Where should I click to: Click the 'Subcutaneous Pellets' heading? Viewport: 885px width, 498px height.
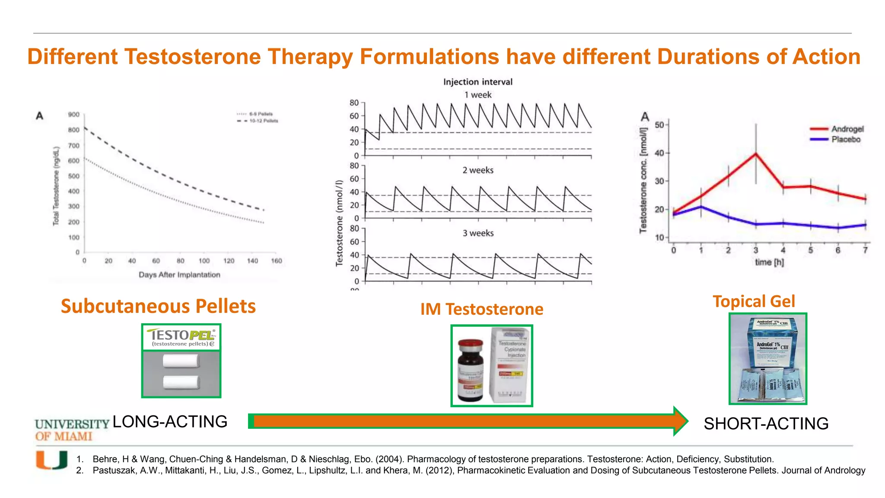158,306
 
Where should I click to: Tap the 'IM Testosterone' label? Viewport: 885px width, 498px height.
482,309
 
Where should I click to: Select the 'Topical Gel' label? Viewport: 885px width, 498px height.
754,301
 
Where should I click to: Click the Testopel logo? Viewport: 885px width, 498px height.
181,337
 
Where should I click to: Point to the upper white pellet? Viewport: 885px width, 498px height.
181,361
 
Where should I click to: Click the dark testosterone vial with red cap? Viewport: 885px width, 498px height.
471,370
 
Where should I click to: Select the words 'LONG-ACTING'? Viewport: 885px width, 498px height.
170,421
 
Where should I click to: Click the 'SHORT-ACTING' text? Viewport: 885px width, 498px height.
766,424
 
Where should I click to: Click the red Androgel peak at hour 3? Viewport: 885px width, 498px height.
756,153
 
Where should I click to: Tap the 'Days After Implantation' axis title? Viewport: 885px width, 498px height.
179,275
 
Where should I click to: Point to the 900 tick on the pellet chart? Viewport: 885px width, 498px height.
74,115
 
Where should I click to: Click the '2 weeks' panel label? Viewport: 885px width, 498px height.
478,170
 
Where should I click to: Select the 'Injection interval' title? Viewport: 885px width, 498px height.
478,82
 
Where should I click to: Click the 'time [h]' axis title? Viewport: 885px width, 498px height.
769,262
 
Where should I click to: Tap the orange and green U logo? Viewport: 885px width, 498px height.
52,460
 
